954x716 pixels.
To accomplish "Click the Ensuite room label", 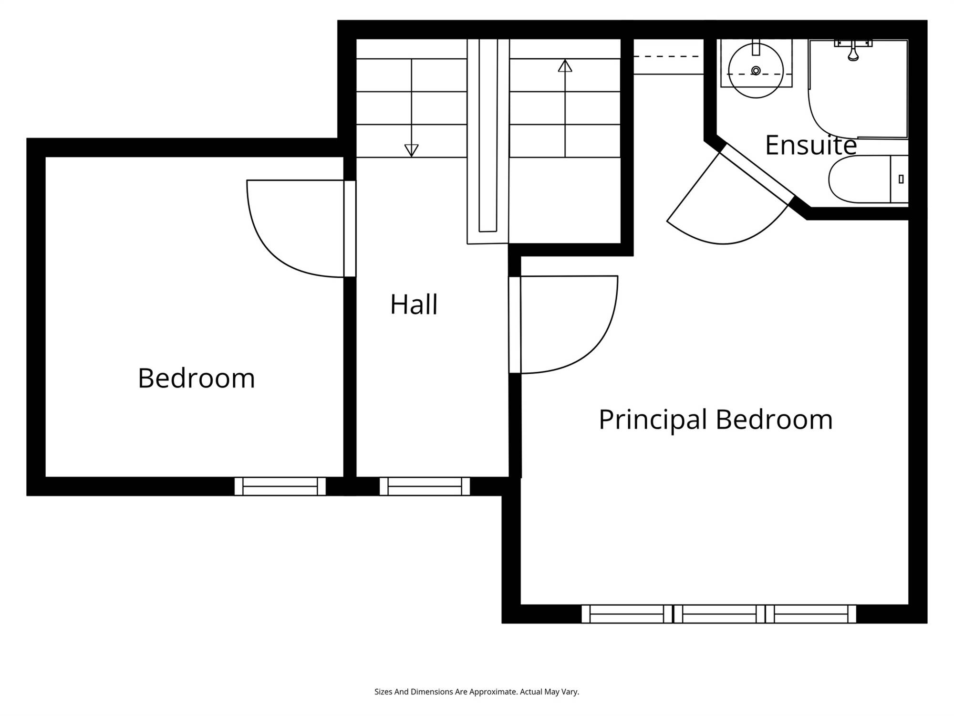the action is point(811,145).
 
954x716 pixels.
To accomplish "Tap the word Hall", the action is point(414,305).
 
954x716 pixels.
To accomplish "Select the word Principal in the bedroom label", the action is point(653,420).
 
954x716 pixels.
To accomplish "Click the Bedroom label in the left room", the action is point(197,378).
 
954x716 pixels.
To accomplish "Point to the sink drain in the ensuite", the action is point(756,71).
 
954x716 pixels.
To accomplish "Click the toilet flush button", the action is point(901,179).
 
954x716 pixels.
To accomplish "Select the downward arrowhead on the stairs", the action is point(411,150).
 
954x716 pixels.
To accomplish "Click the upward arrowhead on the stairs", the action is point(565,65).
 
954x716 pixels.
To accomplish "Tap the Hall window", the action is point(425,486).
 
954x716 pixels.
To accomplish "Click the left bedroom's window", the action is point(280,486).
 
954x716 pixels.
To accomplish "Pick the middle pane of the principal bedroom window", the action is point(719,614).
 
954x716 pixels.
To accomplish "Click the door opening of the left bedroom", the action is point(350,229).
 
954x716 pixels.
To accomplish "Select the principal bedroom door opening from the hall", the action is point(515,325).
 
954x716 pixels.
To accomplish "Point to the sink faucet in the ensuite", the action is point(756,48).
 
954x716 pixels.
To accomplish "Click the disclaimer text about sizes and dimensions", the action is point(477,692).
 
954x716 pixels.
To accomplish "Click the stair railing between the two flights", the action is point(488,141).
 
